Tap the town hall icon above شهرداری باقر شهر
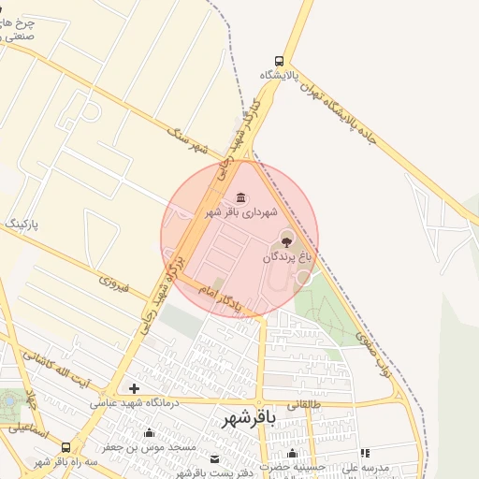[241, 197]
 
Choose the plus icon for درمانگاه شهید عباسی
[135, 388]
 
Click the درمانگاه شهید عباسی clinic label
[133, 403]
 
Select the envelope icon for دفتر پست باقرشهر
[215, 459]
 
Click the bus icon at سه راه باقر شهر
[65, 447]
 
